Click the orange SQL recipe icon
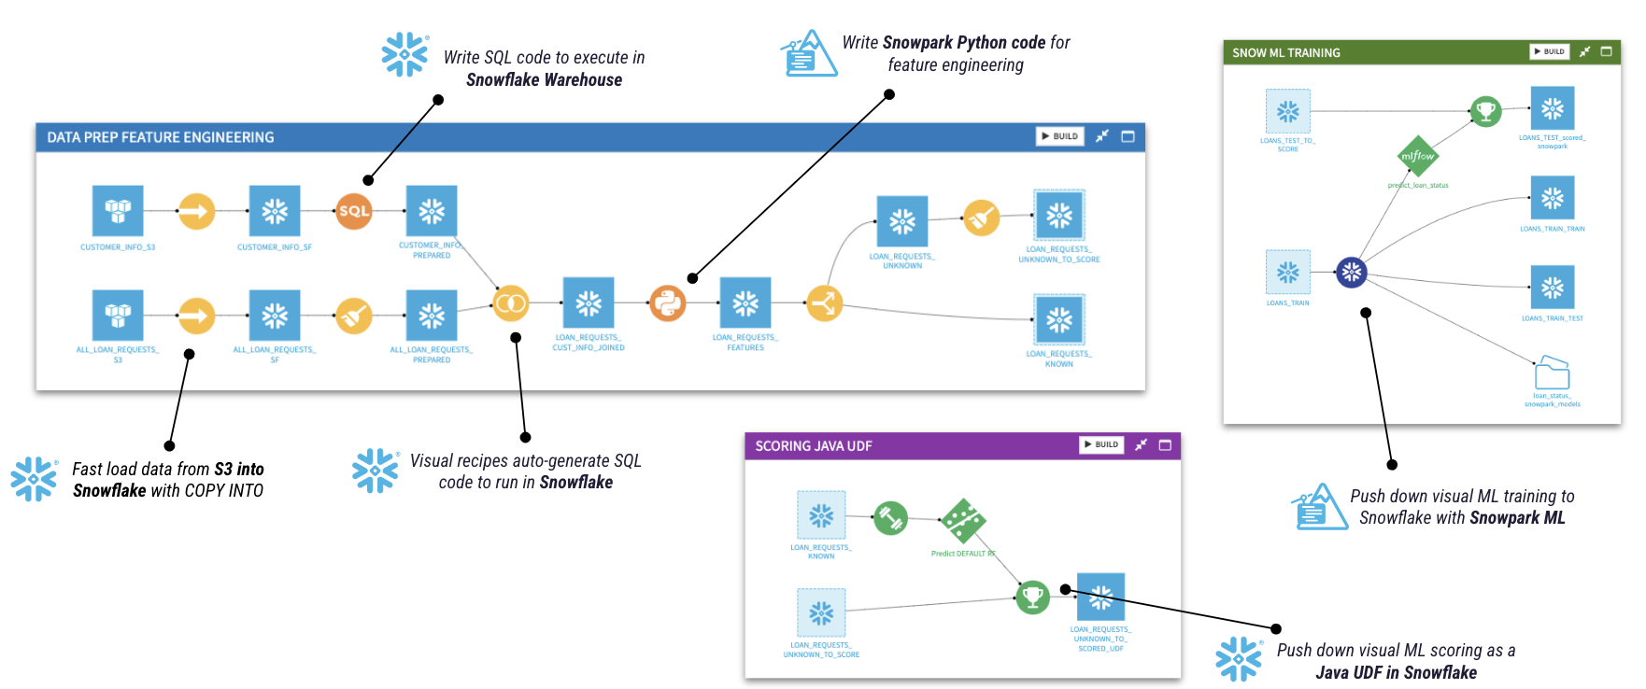coord(354,211)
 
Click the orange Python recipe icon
coord(667,302)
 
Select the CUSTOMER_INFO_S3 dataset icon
coord(118,210)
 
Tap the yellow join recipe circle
coord(510,302)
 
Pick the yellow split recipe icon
coord(824,302)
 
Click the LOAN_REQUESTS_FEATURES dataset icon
coord(745,302)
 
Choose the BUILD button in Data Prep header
coord(1059,136)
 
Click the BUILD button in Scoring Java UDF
coord(1101,445)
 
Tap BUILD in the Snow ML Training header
coord(1549,52)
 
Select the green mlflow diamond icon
coord(1417,156)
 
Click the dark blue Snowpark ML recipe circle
coord(1351,273)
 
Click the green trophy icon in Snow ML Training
coord(1485,111)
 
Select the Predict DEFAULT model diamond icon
coord(963,521)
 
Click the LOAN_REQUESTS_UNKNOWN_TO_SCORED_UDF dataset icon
coord(1100,597)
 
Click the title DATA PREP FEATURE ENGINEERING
coord(161,137)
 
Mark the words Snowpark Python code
coord(963,43)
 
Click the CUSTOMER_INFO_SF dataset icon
coord(275,210)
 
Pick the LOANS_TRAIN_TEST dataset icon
coord(1552,287)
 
